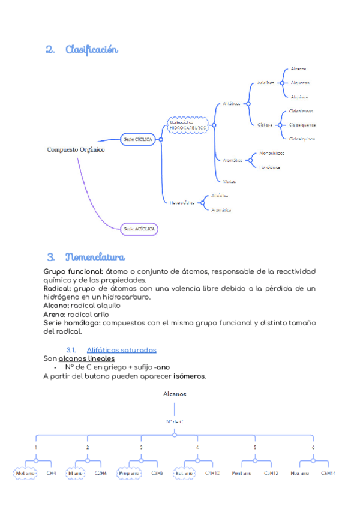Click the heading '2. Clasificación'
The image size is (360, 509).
click(82, 50)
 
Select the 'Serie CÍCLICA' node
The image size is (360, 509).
click(138, 139)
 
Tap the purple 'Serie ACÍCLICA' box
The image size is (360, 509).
click(140, 229)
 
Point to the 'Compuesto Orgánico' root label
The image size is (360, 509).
click(76, 149)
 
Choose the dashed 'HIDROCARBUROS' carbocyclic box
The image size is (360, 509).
click(188, 125)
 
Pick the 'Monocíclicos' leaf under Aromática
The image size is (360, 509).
click(272, 153)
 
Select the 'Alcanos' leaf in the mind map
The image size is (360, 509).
click(298, 69)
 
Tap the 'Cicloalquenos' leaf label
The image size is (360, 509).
click(302, 125)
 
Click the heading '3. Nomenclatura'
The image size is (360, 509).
click(85, 258)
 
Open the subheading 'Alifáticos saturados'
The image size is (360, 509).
click(122, 349)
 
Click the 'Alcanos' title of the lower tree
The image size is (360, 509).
click(175, 394)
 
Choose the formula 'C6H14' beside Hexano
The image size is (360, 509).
click(328, 473)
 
